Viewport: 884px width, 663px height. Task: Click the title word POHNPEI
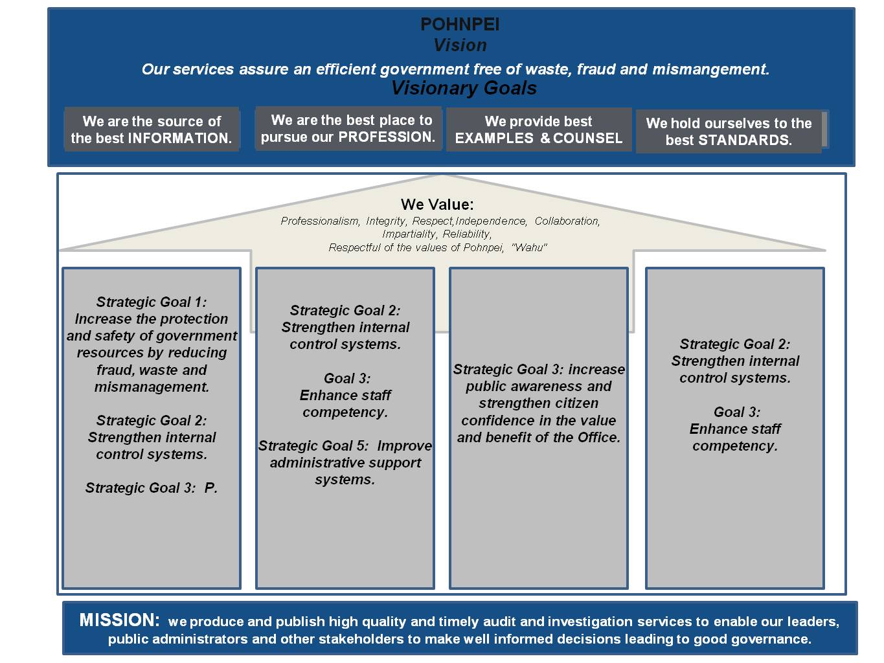coord(460,25)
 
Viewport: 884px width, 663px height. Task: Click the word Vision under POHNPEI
coord(460,45)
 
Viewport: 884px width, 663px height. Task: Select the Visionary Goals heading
coord(464,88)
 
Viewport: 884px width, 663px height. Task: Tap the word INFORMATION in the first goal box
coord(179,139)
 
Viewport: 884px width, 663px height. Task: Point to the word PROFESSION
coord(387,137)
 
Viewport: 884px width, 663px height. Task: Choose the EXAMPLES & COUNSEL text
coord(538,139)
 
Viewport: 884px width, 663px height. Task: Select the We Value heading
coord(437,205)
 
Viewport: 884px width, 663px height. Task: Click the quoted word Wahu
coord(529,248)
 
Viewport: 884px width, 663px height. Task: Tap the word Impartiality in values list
coord(409,234)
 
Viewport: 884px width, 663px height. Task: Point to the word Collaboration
coord(567,221)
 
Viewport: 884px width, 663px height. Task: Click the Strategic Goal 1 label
coord(152,302)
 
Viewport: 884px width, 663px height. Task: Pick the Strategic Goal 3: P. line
coord(152,488)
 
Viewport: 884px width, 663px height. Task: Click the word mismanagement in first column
coord(152,387)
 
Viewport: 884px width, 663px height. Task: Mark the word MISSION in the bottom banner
coord(119,620)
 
